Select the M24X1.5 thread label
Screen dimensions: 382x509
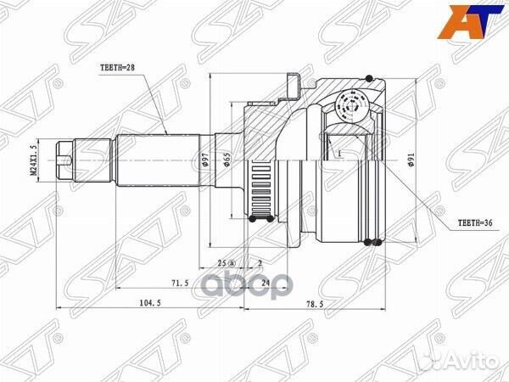[x=35, y=160]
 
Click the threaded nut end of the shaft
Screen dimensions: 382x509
[x=66, y=159]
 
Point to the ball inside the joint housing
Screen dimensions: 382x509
[x=350, y=107]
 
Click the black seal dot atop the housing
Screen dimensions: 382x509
[x=370, y=78]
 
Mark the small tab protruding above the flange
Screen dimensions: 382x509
[x=294, y=83]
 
